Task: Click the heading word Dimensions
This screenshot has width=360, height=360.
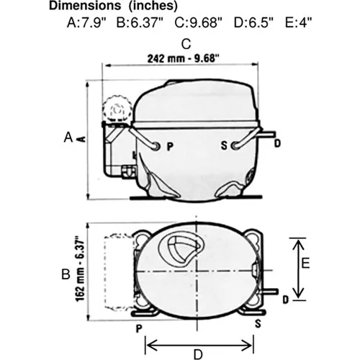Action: click(85, 6)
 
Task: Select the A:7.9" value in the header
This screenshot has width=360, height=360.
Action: click(86, 23)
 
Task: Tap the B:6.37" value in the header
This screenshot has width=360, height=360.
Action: click(140, 23)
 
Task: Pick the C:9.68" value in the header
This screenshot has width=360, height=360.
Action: click(199, 23)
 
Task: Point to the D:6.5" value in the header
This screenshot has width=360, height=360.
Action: click(253, 23)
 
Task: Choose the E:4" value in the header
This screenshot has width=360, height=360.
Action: click(298, 23)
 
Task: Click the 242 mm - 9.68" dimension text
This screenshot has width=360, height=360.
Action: click(184, 58)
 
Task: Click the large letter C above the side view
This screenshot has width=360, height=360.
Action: click(186, 44)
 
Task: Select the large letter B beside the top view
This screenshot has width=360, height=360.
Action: click(66, 274)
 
